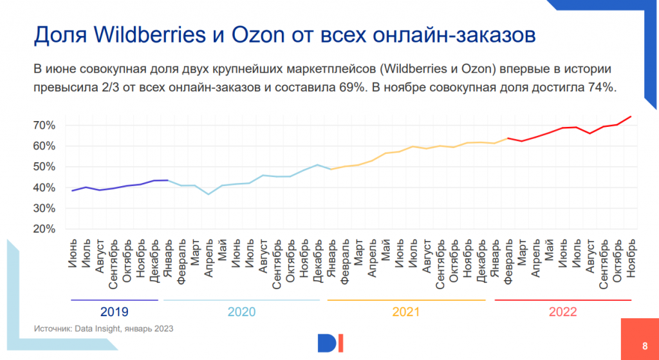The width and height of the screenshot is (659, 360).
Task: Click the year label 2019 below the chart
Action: [114, 312]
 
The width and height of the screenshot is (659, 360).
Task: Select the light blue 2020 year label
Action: [241, 312]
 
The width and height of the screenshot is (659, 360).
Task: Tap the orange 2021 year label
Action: [406, 312]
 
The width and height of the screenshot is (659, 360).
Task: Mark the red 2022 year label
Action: [563, 312]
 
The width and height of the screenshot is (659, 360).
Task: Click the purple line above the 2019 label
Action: [114, 300]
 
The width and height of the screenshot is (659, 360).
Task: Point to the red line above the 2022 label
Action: [563, 300]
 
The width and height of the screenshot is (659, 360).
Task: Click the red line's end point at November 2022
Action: [631, 117]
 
